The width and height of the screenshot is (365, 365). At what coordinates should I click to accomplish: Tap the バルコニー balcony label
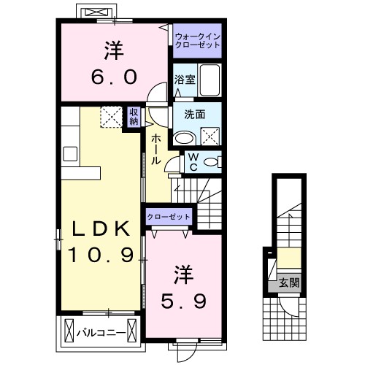(x=100, y=334)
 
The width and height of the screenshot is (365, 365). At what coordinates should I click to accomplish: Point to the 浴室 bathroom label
(x=184, y=79)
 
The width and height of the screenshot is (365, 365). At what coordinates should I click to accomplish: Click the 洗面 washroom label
(x=193, y=114)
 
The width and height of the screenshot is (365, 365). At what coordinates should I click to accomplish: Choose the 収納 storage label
(x=134, y=117)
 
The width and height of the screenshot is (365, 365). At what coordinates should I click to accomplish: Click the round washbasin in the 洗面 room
(x=184, y=137)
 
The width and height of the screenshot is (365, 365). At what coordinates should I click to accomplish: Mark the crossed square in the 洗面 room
(x=210, y=134)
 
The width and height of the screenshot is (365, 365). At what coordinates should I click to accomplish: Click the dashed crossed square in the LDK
(x=111, y=116)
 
